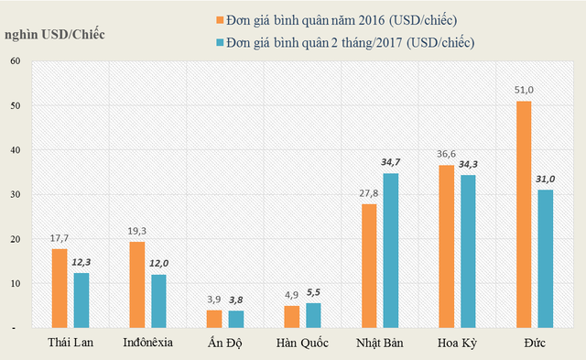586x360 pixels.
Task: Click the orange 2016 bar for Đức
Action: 523,214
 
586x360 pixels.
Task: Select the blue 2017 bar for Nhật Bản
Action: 390,250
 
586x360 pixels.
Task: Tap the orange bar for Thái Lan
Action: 60,288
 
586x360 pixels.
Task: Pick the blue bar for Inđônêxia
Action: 158,300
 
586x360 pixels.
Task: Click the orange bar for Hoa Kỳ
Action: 446,245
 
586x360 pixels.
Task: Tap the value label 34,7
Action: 390,161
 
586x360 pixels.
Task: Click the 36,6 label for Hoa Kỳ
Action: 446,154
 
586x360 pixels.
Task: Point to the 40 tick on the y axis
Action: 15,149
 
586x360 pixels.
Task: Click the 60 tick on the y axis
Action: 15,60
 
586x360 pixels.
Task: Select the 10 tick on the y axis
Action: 15,283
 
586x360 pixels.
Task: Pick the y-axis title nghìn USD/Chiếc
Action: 54,34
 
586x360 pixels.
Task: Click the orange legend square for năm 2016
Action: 221,18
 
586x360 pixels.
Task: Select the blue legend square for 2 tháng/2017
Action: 221,41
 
